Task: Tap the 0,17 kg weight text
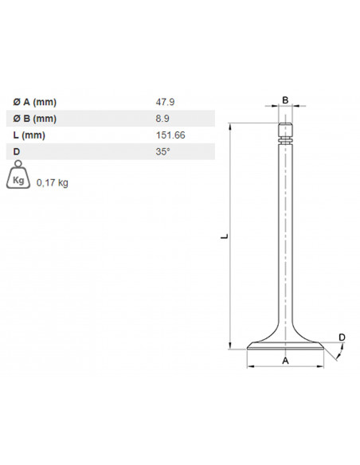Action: click(53, 182)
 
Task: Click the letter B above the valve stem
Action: click(285, 100)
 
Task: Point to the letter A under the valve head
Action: click(285, 361)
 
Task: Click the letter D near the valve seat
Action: click(342, 338)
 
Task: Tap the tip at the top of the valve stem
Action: click(285, 126)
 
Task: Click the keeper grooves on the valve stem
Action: click(285, 140)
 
